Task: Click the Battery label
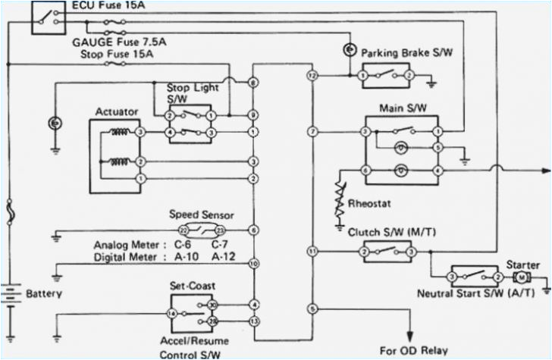(44, 293)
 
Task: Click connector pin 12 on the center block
(312, 77)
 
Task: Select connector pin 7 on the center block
(312, 133)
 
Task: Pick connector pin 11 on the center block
(312, 250)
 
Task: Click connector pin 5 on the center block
(312, 308)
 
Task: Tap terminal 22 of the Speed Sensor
(183, 229)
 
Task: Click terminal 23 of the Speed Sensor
(220, 229)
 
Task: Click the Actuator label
(116, 112)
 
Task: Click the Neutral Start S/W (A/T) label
(475, 293)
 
